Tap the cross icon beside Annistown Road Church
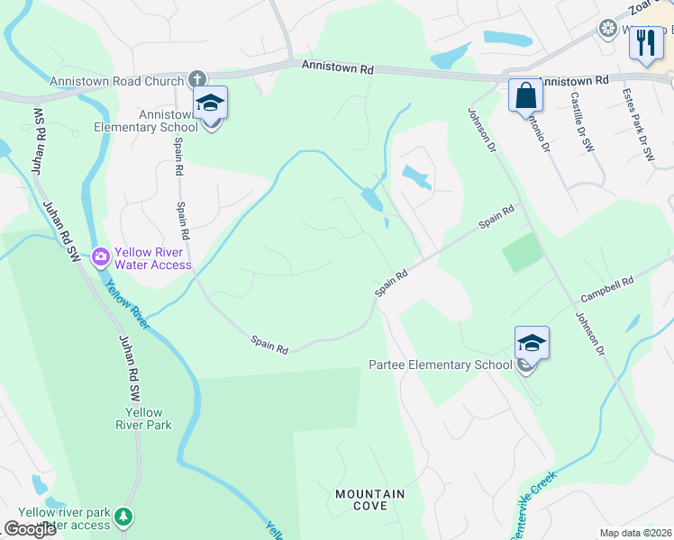198,79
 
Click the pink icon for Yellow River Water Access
100,257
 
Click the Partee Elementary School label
441,364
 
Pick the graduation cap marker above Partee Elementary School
532,343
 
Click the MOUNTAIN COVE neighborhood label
369,499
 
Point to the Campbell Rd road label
607,287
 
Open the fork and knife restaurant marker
645,42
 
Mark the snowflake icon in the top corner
607,28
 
